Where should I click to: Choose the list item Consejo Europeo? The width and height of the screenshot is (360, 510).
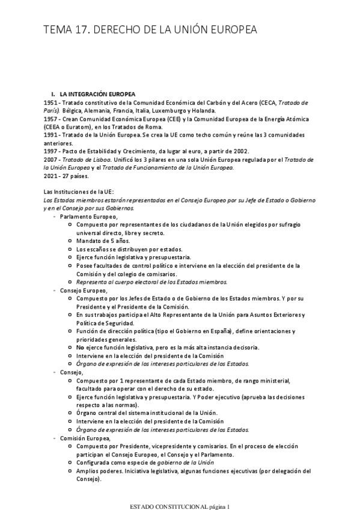pyautogui.click(x=84, y=290)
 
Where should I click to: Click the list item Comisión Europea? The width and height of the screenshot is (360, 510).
pyautogui.click(x=85, y=438)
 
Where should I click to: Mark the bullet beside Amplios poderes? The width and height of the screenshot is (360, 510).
pyautogui.click(x=71, y=472)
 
